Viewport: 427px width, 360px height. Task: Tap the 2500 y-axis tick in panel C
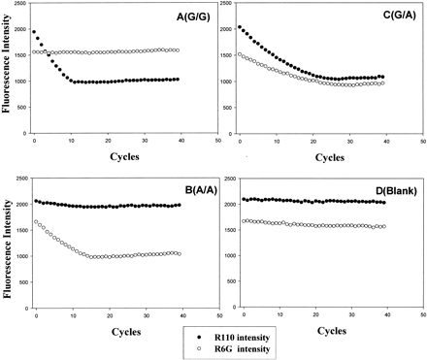[x=226, y=7]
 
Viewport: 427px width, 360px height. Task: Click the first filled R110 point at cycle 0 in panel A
[x=35, y=32]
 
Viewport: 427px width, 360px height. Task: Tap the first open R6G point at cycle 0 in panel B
[x=36, y=222]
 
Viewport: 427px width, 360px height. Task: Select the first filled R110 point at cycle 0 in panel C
[x=241, y=27]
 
